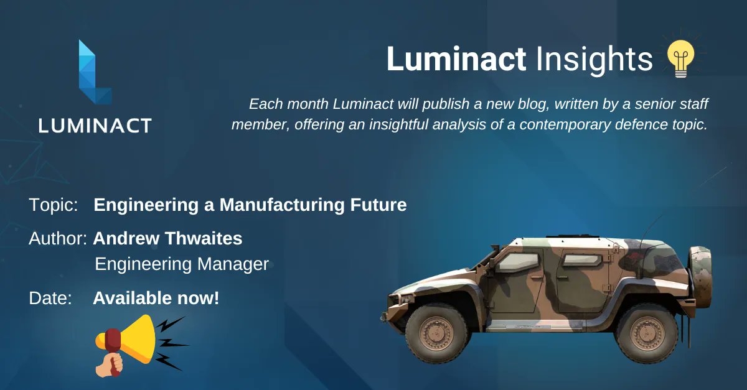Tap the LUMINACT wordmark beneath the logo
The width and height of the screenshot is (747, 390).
coord(95,126)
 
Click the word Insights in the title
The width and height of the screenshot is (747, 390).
coord(594,60)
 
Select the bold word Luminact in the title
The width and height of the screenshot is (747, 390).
coord(456,60)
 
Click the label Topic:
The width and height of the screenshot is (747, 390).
coord(53,205)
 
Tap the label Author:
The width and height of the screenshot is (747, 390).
coord(57,238)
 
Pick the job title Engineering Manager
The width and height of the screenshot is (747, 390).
coord(181,264)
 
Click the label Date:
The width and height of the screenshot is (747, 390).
coord(50,298)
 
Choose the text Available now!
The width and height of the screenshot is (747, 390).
coord(156,298)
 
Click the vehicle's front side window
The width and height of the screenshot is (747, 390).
coord(518,262)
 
